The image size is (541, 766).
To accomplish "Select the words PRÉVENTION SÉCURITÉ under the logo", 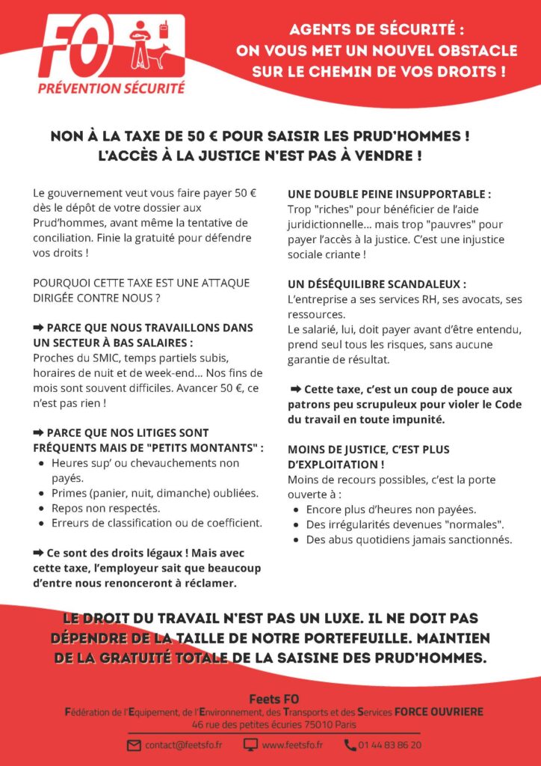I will pyautogui.click(x=111, y=88).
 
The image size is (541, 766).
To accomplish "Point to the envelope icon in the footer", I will pyautogui.click(x=135, y=745).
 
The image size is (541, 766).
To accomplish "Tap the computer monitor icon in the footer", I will pyautogui.click(x=251, y=745).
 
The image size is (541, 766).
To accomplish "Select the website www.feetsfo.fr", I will pyautogui.click(x=292, y=745).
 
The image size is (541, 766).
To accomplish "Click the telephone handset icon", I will pyautogui.click(x=350, y=745).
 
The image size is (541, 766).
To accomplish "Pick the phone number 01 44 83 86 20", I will pyautogui.click(x=389, y=745).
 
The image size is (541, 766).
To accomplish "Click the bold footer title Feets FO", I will pyautogui.click(x=270, y=699).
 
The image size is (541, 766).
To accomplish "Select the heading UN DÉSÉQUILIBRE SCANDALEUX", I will pyautogui.click(x=377, y=284).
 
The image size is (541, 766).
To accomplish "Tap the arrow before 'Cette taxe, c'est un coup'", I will pyautogui.click(x=295, y=389).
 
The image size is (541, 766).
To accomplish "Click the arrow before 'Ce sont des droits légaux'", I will pyautogui.click(x=39, y=552).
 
